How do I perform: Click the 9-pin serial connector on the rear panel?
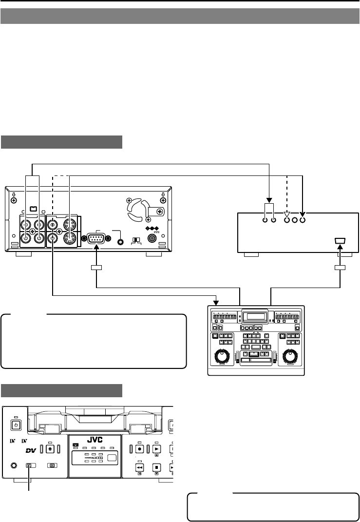click(x=96, y=239)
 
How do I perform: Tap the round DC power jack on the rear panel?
click(x=152, y=239)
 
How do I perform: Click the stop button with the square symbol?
click(x=157, y=467)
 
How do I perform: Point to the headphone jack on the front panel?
click(x=14, y=465)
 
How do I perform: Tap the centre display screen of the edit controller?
click(x=255, y=316)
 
